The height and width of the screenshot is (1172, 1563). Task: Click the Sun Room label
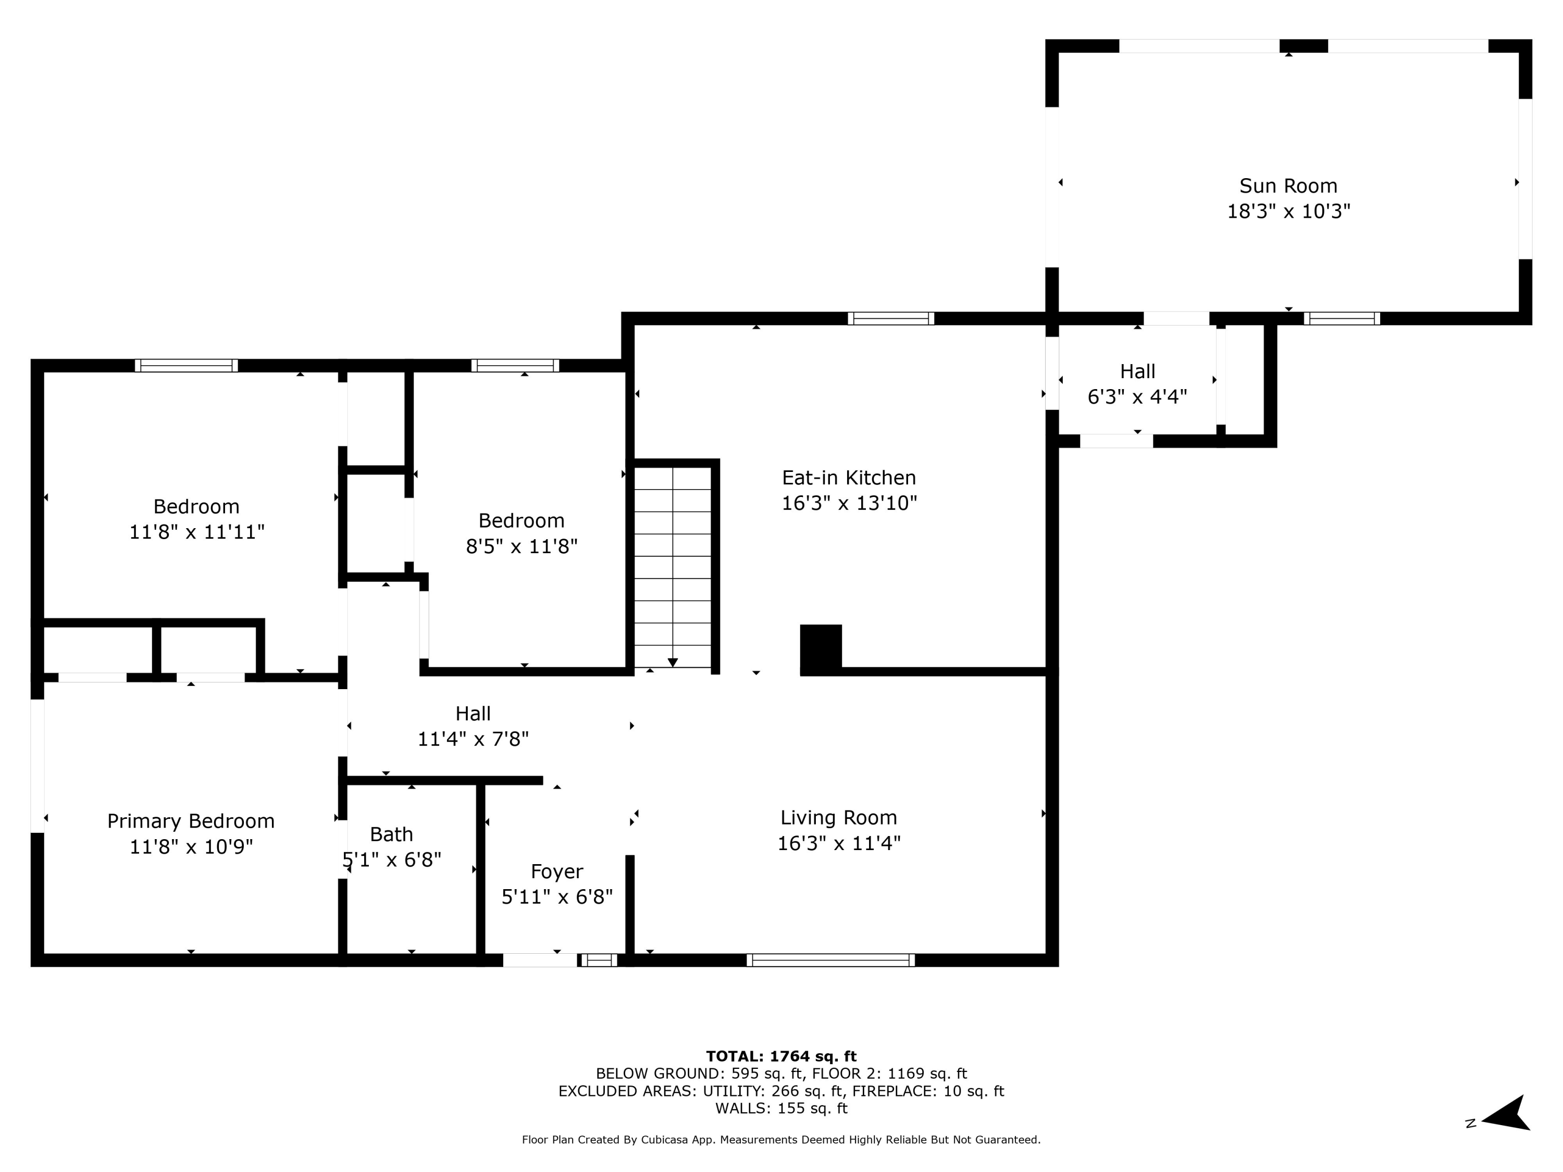pyautogui.click(x=1287, y=186)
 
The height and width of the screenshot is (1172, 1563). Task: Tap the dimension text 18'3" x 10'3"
pyautogui.click(x=1287, y=211)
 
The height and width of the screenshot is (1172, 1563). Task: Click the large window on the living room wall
pyautogui.click(x=830, y=959)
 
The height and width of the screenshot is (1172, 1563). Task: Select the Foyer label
pyautogui.click(x=557, y=872)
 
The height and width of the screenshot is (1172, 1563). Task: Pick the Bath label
pyautogui.click(x=391, y=834)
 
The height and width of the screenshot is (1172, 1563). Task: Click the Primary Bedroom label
pyautogui.click(x=191, y=821)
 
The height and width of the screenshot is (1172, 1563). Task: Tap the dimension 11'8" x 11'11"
pyautogui.click(x=196, y=532)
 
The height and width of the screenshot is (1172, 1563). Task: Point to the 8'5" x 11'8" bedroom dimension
pyautogui.click(x=522, y=546)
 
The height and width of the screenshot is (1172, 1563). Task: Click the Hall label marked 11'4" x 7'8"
pyautogui.click(x=473, y=714)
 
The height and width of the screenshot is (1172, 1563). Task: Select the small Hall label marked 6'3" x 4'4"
pyautogui.click(x=1137, y=371)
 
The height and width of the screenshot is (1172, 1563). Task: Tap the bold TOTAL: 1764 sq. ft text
pyautogui.click(x=781, y=1056)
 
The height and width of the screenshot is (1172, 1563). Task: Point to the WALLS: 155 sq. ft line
pyautogui.click(x=781, y=1108)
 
